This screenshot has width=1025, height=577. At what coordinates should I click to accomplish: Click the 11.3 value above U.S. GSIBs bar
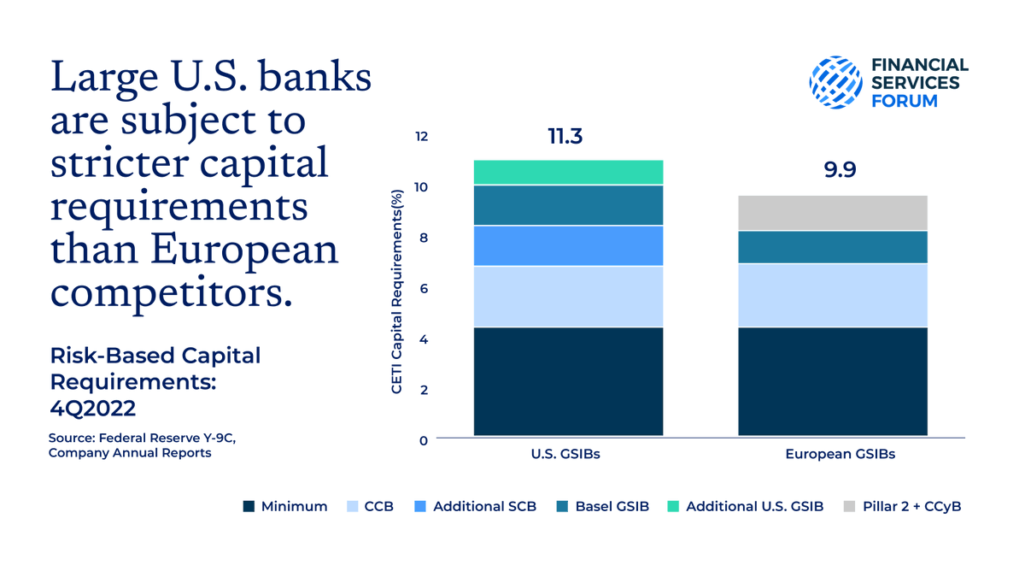(565, 137)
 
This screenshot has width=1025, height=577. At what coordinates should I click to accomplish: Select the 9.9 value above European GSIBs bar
(840, 169)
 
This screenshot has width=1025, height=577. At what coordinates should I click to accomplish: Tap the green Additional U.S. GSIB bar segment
(568, 172)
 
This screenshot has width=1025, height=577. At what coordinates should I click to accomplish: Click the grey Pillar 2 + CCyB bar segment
(833, 213)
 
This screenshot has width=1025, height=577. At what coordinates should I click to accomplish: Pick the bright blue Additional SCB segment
(568, 245)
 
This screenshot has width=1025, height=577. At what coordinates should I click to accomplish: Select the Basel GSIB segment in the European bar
(833, 247)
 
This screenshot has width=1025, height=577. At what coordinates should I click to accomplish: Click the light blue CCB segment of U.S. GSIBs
(568, 297)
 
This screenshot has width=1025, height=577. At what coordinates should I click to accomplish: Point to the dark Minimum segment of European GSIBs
(833, 381)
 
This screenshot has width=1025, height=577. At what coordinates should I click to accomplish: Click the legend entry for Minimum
(285, 506)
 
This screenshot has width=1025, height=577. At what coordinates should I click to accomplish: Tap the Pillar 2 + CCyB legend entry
(903, 506)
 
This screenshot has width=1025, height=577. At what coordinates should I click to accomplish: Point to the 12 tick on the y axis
(420, 137)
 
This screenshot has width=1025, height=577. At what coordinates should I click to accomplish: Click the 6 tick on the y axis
(423, 289)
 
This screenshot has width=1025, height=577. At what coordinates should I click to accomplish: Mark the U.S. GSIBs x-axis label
(567, 454)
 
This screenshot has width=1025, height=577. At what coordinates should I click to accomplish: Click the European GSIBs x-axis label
(840, 454)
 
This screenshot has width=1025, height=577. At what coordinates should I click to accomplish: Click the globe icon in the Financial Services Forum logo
(836, 82)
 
